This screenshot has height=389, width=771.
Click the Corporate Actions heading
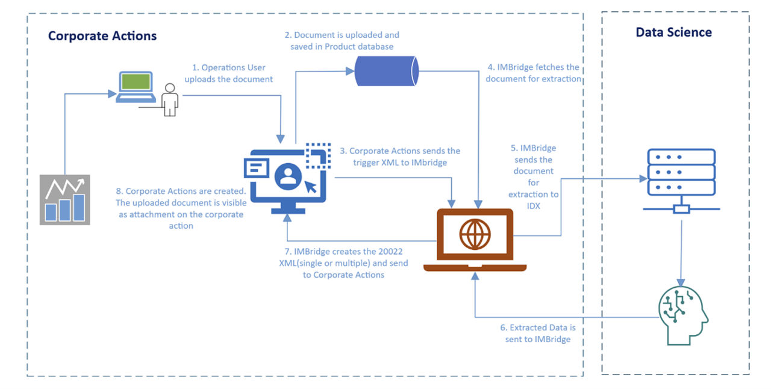pyautogui.click(x=102, y=36)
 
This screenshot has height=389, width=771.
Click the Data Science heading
pyautogui.click(x=673, y=33)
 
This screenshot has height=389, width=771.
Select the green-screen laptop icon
pyautogui.click(x=136, y=87)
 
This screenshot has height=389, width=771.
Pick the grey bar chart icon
pyautogui.click(x=64, y=199)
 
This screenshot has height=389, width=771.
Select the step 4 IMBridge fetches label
pyautogui.click(x=533, y=73)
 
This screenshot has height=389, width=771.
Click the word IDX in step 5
pyautogui.click(x=533, y=206)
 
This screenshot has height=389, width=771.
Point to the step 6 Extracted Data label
pyautogui.click(x=538, y=334)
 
